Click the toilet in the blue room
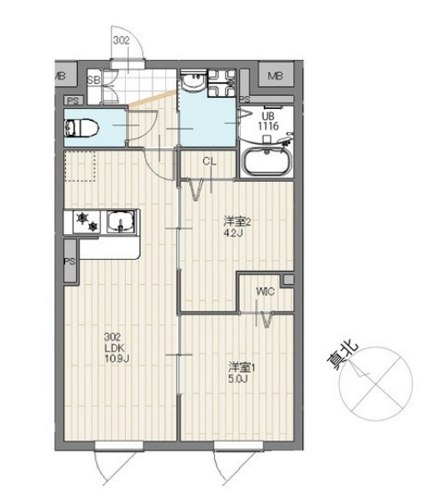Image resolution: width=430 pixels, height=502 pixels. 81,129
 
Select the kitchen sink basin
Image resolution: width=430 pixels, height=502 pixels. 121,221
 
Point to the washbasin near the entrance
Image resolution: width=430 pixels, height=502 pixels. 194,82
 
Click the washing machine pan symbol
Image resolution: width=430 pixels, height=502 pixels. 222,83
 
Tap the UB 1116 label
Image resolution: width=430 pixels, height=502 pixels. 268,121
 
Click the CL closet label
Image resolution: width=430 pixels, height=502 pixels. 209,161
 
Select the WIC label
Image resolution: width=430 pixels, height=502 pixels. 266,292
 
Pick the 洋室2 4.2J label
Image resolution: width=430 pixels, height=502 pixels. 236,227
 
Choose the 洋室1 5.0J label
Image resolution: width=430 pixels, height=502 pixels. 242,372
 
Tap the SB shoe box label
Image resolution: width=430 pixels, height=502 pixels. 93,80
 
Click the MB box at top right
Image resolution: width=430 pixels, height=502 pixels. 275,75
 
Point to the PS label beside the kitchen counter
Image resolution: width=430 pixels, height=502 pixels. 69,261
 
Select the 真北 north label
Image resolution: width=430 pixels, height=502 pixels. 342,357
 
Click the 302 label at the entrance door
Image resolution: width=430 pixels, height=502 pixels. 122,40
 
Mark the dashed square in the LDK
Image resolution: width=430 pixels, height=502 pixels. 81,166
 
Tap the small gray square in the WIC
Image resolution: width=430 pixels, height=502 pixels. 288,280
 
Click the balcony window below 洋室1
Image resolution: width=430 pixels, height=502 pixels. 238,445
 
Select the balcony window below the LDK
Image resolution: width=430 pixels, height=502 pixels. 118,445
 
